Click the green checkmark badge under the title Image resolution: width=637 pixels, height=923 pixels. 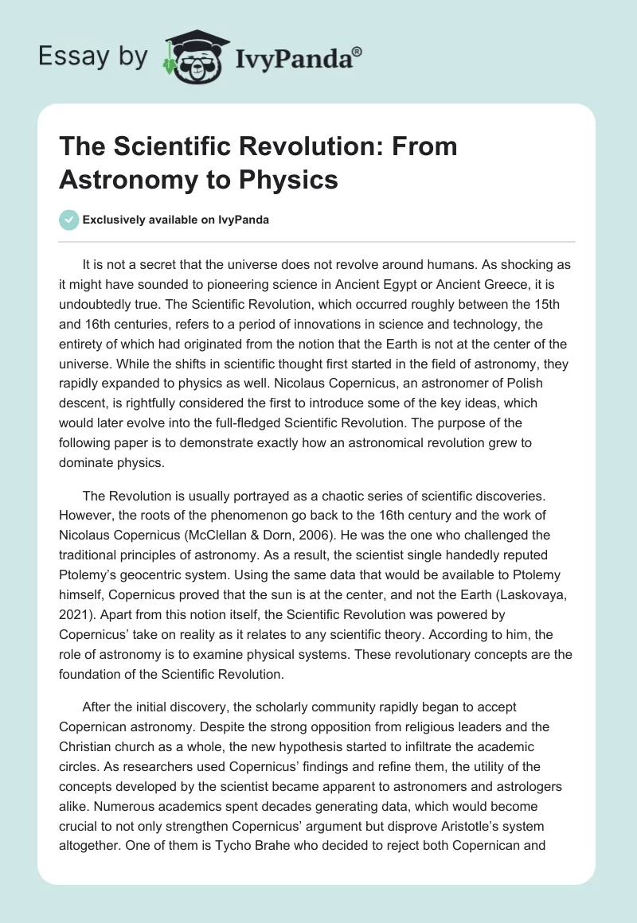pos(68,220)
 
